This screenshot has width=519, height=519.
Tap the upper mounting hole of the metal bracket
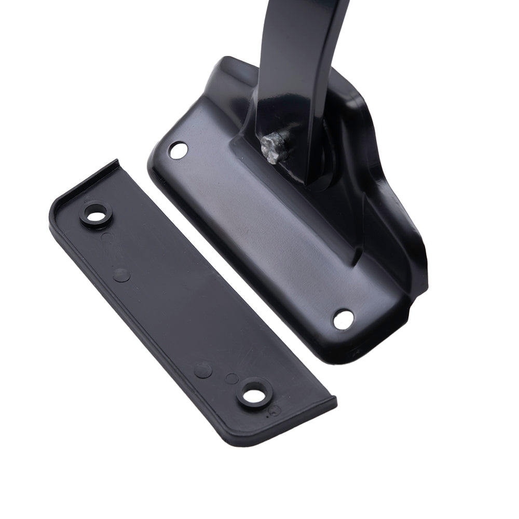click(x=179, y=150)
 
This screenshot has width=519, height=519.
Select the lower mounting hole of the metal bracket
click(x=343, y=319)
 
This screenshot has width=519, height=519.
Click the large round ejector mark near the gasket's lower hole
click(x=202, y=370)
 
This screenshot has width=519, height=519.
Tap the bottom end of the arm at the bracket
click(x=311, y=176)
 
